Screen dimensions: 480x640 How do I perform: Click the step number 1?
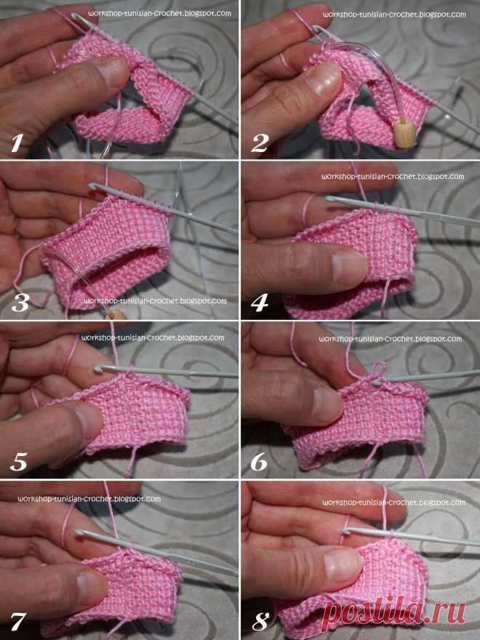point(16,143)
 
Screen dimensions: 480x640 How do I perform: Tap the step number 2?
point(260,143)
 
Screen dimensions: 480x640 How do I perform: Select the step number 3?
point(20,303)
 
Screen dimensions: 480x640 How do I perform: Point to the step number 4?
point(260,303)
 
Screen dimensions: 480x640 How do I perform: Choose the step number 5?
point(19,462)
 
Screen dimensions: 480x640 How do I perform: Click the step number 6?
point(259,462)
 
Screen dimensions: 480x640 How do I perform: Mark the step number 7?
point(18,622)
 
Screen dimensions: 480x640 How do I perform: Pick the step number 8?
point(260,622)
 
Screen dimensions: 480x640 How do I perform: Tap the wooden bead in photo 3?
point(116,315)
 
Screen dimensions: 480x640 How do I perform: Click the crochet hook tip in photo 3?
point(94,187)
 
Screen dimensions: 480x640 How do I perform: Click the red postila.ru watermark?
point(393,612)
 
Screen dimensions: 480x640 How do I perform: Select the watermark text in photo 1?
point(159,14)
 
